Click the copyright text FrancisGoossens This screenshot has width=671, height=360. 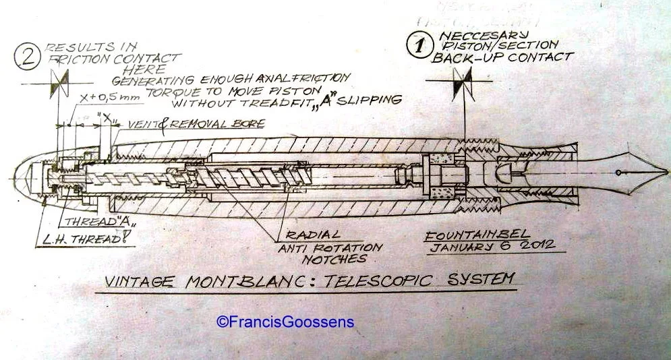point(285,322)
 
